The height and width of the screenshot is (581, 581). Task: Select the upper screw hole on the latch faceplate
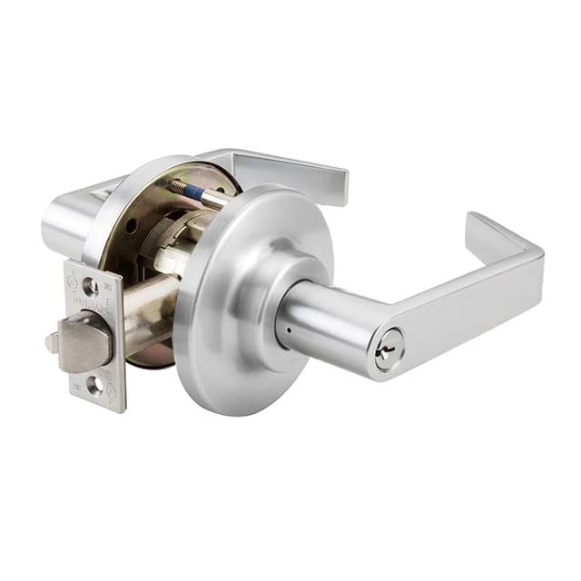(90, 287)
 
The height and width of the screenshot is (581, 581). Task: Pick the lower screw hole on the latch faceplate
(94, 384)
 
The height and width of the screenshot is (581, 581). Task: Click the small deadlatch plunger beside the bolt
(53, 344)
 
